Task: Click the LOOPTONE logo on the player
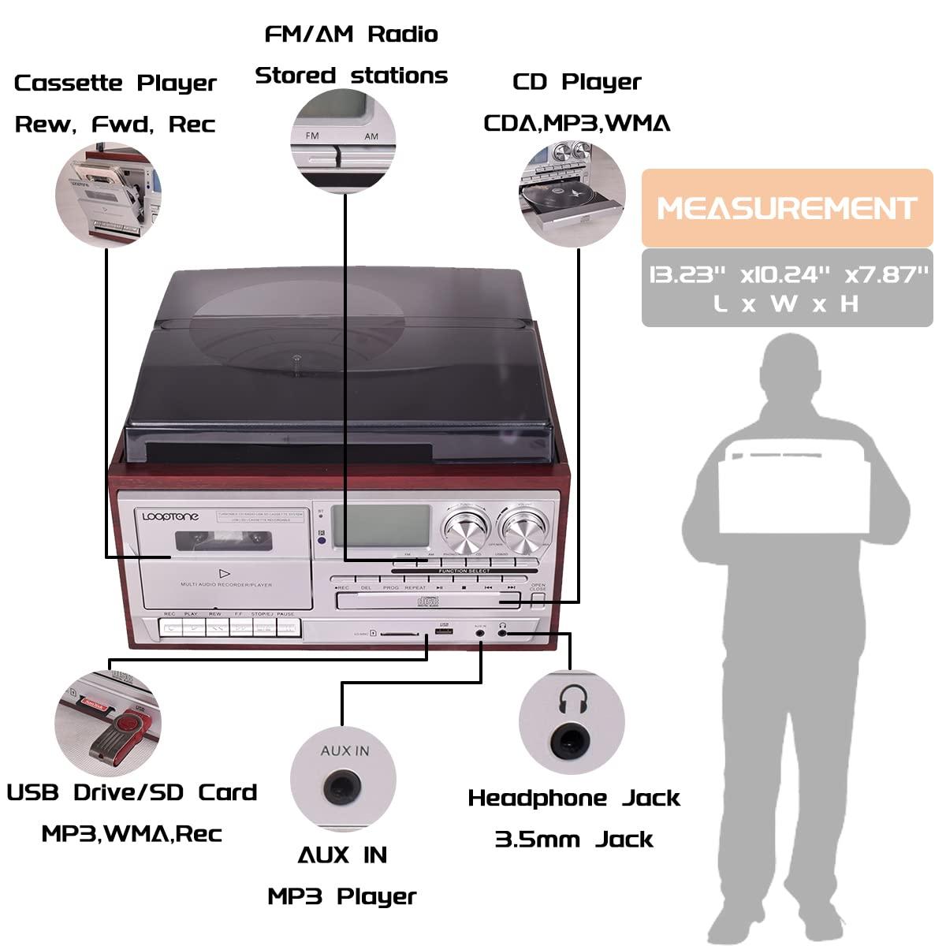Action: [171, 516]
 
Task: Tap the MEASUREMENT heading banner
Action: [787, 208]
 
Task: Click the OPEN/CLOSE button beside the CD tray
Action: [538, 599]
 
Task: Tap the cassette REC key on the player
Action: [170, 628]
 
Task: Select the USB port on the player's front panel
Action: [444, 631]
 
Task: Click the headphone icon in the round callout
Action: [573, 698]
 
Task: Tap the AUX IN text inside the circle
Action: [345, 750]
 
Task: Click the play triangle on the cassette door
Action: [225, 573]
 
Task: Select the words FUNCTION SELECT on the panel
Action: [464, 571]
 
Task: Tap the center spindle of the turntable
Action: [296, 359]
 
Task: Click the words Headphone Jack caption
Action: [574, 798]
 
